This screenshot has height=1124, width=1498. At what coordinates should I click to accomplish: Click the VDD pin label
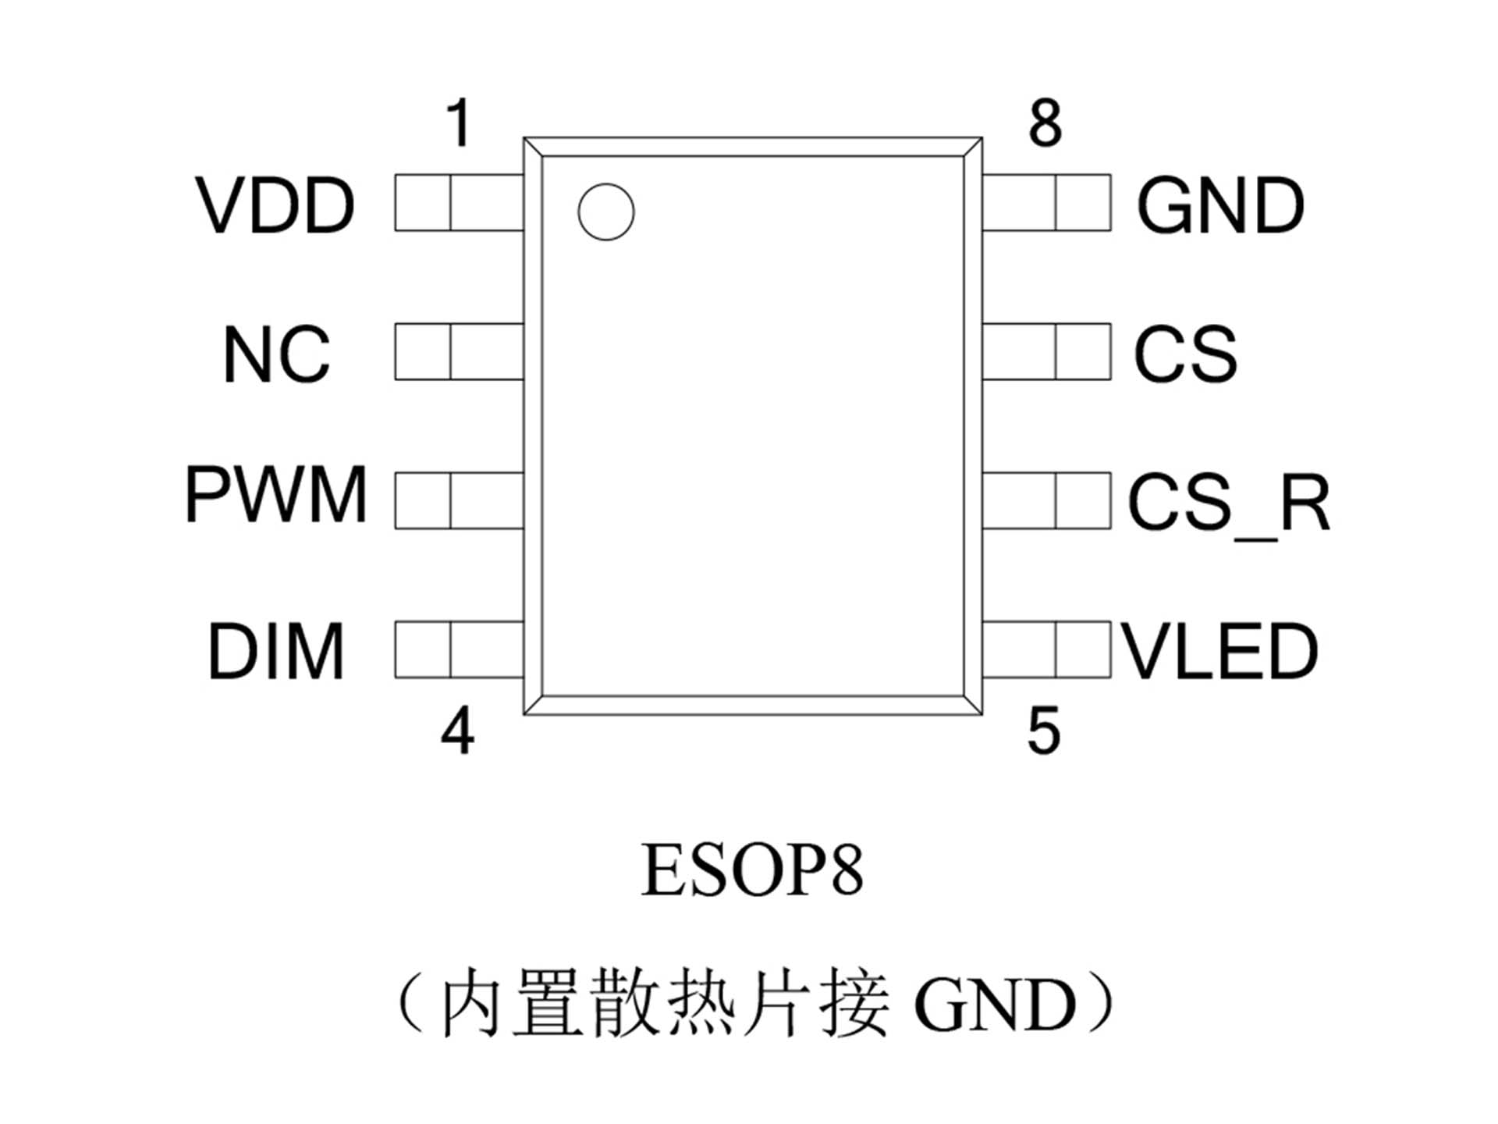point(275,205)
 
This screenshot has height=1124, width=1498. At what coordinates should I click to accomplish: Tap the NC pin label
point(277,354)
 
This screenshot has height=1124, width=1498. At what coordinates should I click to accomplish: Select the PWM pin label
point(275,495)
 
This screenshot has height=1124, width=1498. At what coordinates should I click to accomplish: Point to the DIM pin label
point(275,651)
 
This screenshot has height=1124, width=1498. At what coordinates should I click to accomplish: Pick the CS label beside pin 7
point(1185,354)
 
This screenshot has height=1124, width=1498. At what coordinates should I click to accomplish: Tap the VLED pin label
point(1219,651)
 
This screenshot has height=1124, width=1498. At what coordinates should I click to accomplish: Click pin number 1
point(459,123)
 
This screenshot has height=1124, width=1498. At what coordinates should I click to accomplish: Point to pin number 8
point(1045,123)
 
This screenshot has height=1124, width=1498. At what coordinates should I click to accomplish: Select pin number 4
point(458,731)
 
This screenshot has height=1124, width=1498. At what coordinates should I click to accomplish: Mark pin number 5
point(1044,731)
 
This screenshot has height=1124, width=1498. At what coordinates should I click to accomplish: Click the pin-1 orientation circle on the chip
point(606,212)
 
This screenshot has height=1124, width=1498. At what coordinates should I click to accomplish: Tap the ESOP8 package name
point(752,870)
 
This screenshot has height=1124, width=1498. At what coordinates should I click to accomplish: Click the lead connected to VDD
point(459,203)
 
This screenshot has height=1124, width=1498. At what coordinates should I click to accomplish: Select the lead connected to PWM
point(459,500)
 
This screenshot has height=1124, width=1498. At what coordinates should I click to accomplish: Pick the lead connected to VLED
point(1046,649)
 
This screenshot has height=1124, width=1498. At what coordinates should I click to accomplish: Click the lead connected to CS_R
point(1046,500)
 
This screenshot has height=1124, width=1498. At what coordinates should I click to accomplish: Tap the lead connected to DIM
point(459,649)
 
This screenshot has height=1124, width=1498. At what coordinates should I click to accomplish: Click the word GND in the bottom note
point(995,1005)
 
